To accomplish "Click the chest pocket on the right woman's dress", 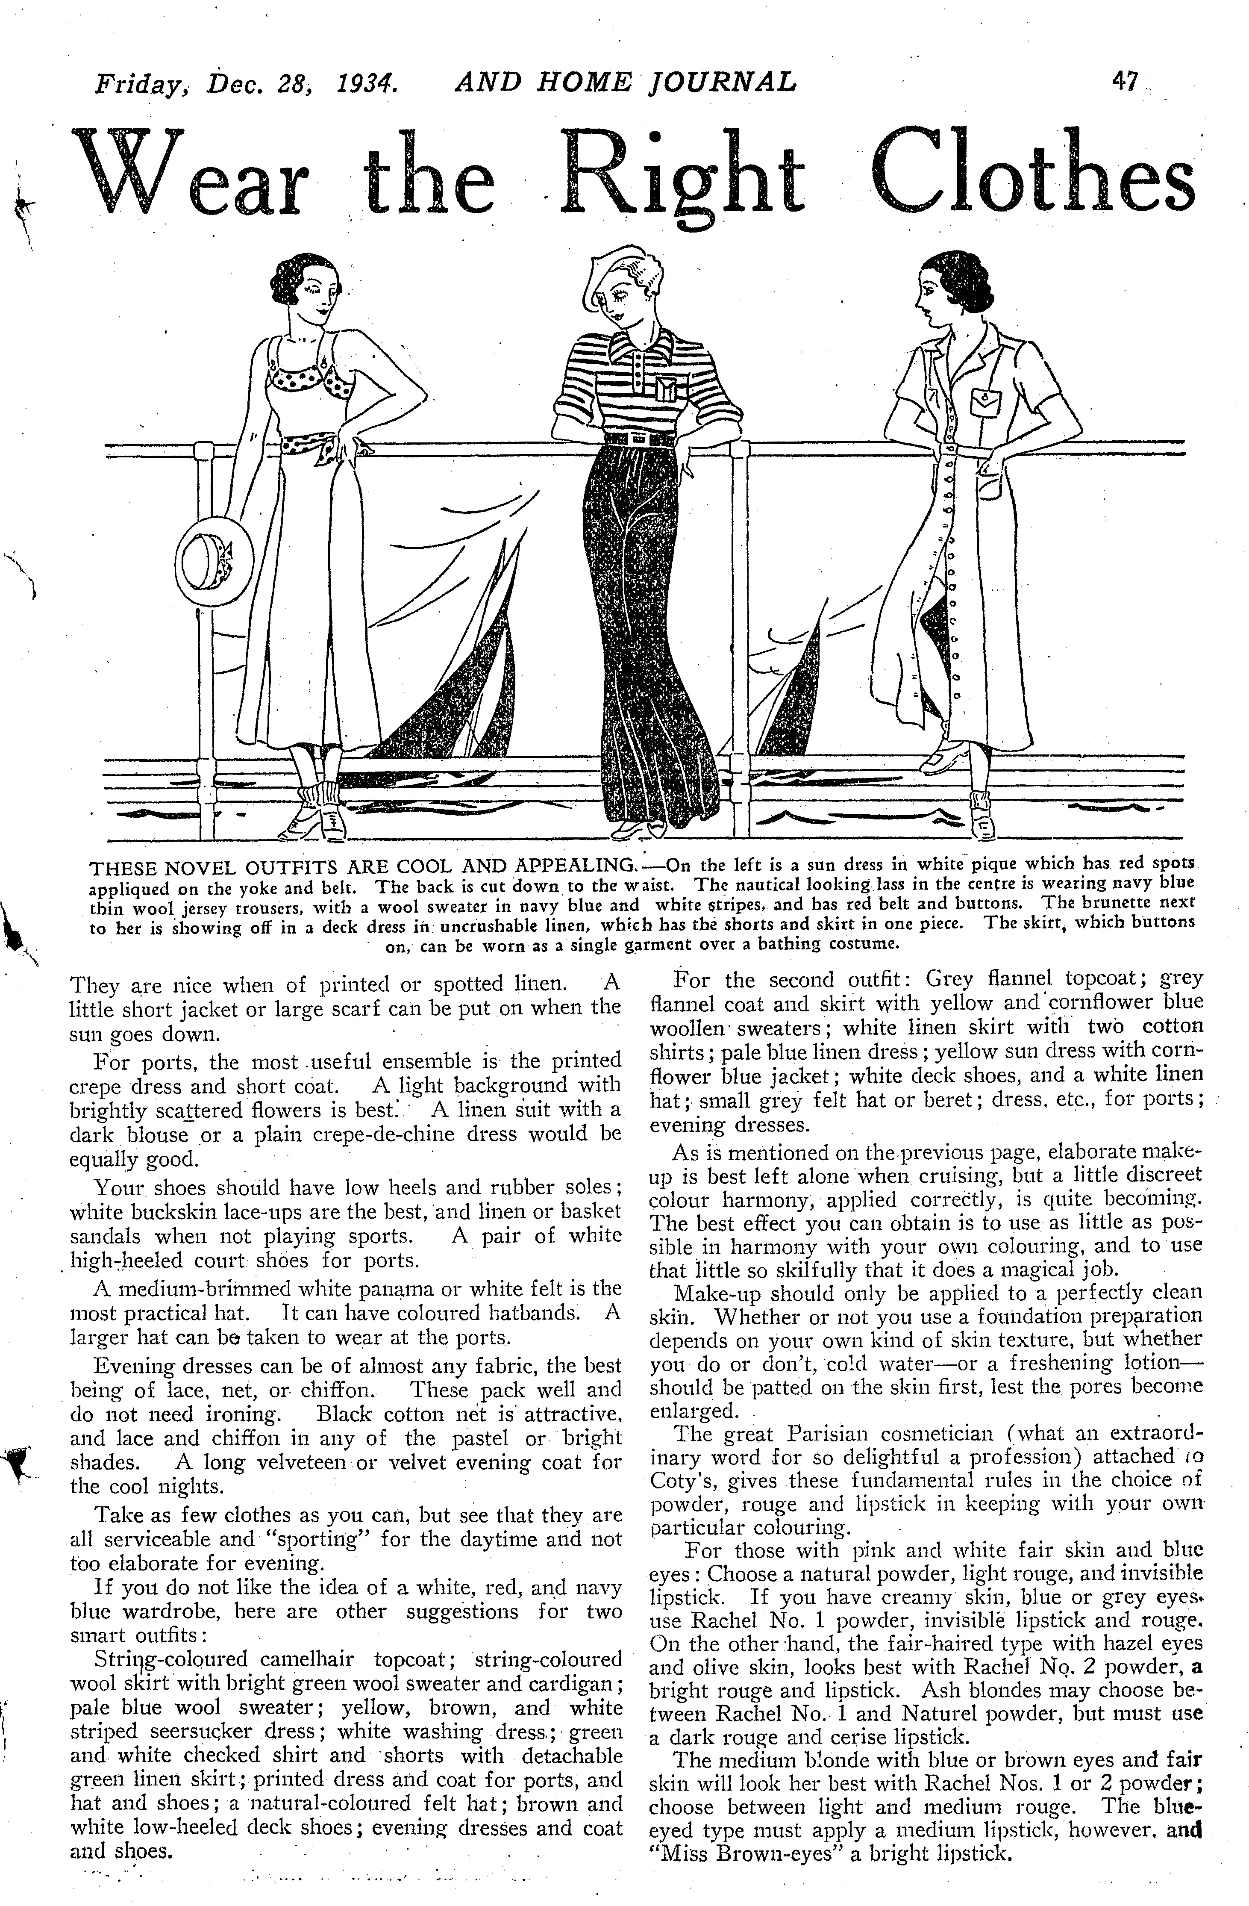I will coord(991,401).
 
